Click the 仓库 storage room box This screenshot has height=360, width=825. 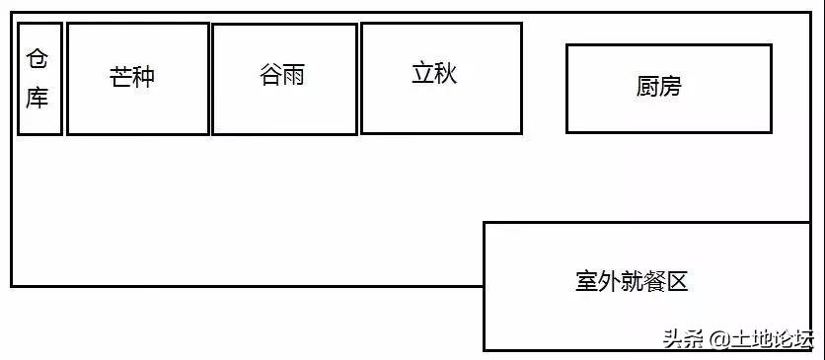[x=39, y=79]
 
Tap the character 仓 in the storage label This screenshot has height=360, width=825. [x=37, y=59]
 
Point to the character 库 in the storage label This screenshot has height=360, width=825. [x=37, y=98]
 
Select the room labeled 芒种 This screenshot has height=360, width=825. [x=138, y=79]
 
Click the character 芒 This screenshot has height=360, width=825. [x=120, y=77]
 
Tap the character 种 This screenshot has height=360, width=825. [x=144, y=77]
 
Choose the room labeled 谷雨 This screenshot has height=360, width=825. [x=284, y=79]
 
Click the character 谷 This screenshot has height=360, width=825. [x=270, y=76]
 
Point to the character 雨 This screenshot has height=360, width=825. [x=294, y=76]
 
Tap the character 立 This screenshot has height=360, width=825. [x=422, y=73]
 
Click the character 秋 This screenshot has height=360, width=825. [x=446, y=73]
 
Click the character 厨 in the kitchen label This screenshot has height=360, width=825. [x=647, y=87]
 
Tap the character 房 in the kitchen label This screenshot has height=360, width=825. [x=671, y=87]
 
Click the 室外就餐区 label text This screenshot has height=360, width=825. [x=631, y=282]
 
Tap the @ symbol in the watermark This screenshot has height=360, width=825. [x=717, y=339]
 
